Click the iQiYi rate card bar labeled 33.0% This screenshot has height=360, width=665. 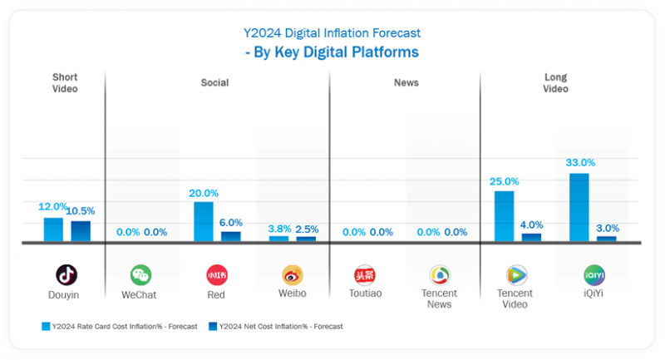tap(579, 207)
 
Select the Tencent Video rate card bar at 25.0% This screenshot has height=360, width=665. tap(504, 216)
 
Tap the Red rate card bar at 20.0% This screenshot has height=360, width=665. tap(204, 221)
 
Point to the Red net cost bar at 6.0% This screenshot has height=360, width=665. tap(230, 236)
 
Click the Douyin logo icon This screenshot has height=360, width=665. tap(66, 274)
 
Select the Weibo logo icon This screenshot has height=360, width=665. tap(293, 275)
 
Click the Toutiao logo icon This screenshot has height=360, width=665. tap(365, 275)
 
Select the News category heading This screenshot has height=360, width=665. tap(406, 83)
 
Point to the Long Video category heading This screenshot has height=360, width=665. tap(555, 83)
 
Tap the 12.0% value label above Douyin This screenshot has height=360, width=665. tap(53, 207)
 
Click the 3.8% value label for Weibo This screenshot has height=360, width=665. tap(278, 228)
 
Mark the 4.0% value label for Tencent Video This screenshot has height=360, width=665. tap(530, 224)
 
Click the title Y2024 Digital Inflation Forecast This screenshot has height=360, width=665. tap(332, 33)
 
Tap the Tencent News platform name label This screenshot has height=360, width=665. tap(440, 298)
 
